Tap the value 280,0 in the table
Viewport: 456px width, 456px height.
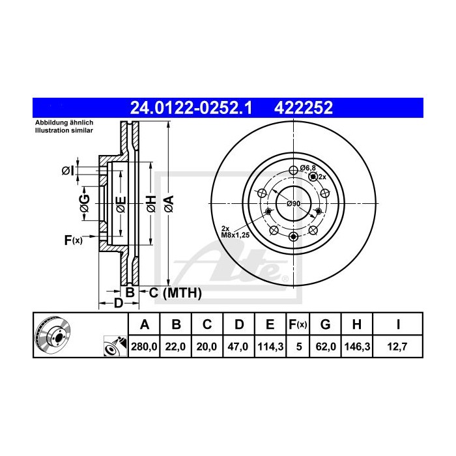(145, 348)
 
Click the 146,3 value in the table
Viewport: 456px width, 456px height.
(355, 348)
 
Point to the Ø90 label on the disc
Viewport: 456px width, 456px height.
(294, 204)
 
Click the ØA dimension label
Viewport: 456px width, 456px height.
(169, 203)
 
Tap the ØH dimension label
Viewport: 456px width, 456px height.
(150, 203)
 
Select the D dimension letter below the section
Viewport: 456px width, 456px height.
(118, 304)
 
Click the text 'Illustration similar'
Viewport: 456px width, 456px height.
(64, 130)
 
